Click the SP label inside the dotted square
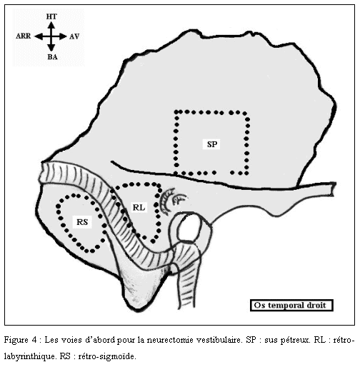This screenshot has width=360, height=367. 212,144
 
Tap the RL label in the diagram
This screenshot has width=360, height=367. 139,207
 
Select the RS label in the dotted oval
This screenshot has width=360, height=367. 82,222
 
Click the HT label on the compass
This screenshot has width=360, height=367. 51,16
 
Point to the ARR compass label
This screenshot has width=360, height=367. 24,36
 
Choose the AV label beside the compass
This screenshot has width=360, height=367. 74,36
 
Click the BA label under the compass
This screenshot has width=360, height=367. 52,57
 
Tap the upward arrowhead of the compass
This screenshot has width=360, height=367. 51,25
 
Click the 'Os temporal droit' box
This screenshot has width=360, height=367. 291,306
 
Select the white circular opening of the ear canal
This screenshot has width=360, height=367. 189,227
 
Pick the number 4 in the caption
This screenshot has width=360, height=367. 34,340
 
